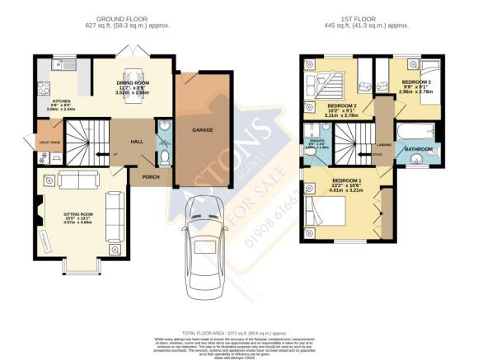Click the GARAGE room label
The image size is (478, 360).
click(x=204, y=130)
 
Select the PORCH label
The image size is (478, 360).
click(x=151, y=176)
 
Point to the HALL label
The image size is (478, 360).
click(x=137, y=142)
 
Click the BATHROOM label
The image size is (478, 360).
click(x=419, y=149)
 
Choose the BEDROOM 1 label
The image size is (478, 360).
click(x=345, y=180)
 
